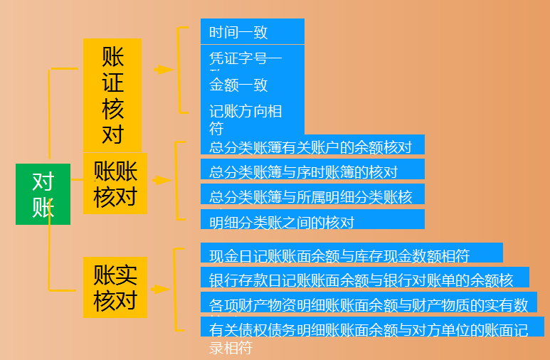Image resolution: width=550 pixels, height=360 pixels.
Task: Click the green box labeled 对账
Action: pos(43,194)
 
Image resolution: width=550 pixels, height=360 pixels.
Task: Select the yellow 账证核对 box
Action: pos(112,95)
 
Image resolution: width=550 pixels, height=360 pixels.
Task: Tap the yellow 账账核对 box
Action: pos(115,184)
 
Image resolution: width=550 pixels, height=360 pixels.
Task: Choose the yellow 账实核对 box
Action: pos(115,287)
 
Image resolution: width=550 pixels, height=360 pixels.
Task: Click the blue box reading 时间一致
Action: pos(252,32)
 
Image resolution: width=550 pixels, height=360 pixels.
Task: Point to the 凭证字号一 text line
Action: pos(245,58)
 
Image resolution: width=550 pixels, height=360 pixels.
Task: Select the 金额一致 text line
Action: pos(238,85)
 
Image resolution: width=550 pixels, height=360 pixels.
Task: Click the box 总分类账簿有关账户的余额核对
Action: pos(312,147)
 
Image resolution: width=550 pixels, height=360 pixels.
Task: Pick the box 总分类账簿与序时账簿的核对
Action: pos(312,171)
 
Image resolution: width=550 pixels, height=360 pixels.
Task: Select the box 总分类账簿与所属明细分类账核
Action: pos(312,196)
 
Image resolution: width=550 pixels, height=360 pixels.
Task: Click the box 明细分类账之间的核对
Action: pos(312,220)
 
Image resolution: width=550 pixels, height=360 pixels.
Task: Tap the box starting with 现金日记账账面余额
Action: pos(351,254)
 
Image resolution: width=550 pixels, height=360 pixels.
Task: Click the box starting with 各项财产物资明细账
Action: pos(369,303)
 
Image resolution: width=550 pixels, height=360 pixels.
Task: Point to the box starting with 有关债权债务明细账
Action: pos(372,328)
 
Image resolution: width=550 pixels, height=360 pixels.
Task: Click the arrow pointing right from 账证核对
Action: pos(163,70)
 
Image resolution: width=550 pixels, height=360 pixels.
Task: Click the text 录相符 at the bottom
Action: pos(231,349)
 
